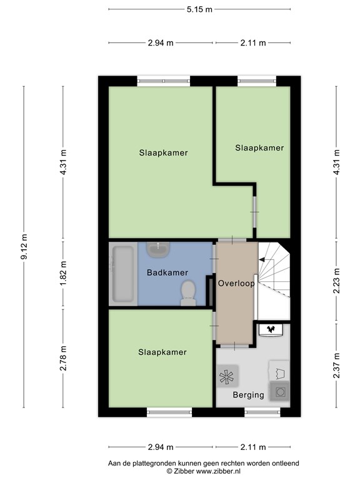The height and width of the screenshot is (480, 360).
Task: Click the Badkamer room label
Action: point(167,272)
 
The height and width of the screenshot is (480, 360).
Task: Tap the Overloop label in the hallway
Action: point(236,283)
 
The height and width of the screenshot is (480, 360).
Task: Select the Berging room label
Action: point(248,395)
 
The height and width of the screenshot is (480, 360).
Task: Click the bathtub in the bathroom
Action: point(123,274)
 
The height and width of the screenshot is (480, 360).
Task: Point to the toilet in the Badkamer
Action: point(188,293)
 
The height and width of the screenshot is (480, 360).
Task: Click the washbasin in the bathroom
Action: point(158,249)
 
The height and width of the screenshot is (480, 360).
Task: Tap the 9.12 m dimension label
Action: point(24,247)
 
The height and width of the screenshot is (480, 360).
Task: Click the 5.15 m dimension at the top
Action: point(199,9)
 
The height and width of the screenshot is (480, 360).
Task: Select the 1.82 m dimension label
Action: point(63,273)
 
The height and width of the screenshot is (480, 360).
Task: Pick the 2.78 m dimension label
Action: point(63,358)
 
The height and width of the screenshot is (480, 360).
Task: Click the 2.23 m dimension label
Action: point(336,281)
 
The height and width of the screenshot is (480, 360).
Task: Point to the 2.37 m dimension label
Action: point(336,366)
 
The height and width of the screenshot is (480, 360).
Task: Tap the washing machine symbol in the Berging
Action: point(279,391)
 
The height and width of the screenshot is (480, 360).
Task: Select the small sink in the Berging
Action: point(271,329)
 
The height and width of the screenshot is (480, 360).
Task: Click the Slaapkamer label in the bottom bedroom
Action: point(162,352)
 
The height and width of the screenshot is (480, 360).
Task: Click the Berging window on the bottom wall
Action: point(262,412)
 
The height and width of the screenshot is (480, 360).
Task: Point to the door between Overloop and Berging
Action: point(234,346)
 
